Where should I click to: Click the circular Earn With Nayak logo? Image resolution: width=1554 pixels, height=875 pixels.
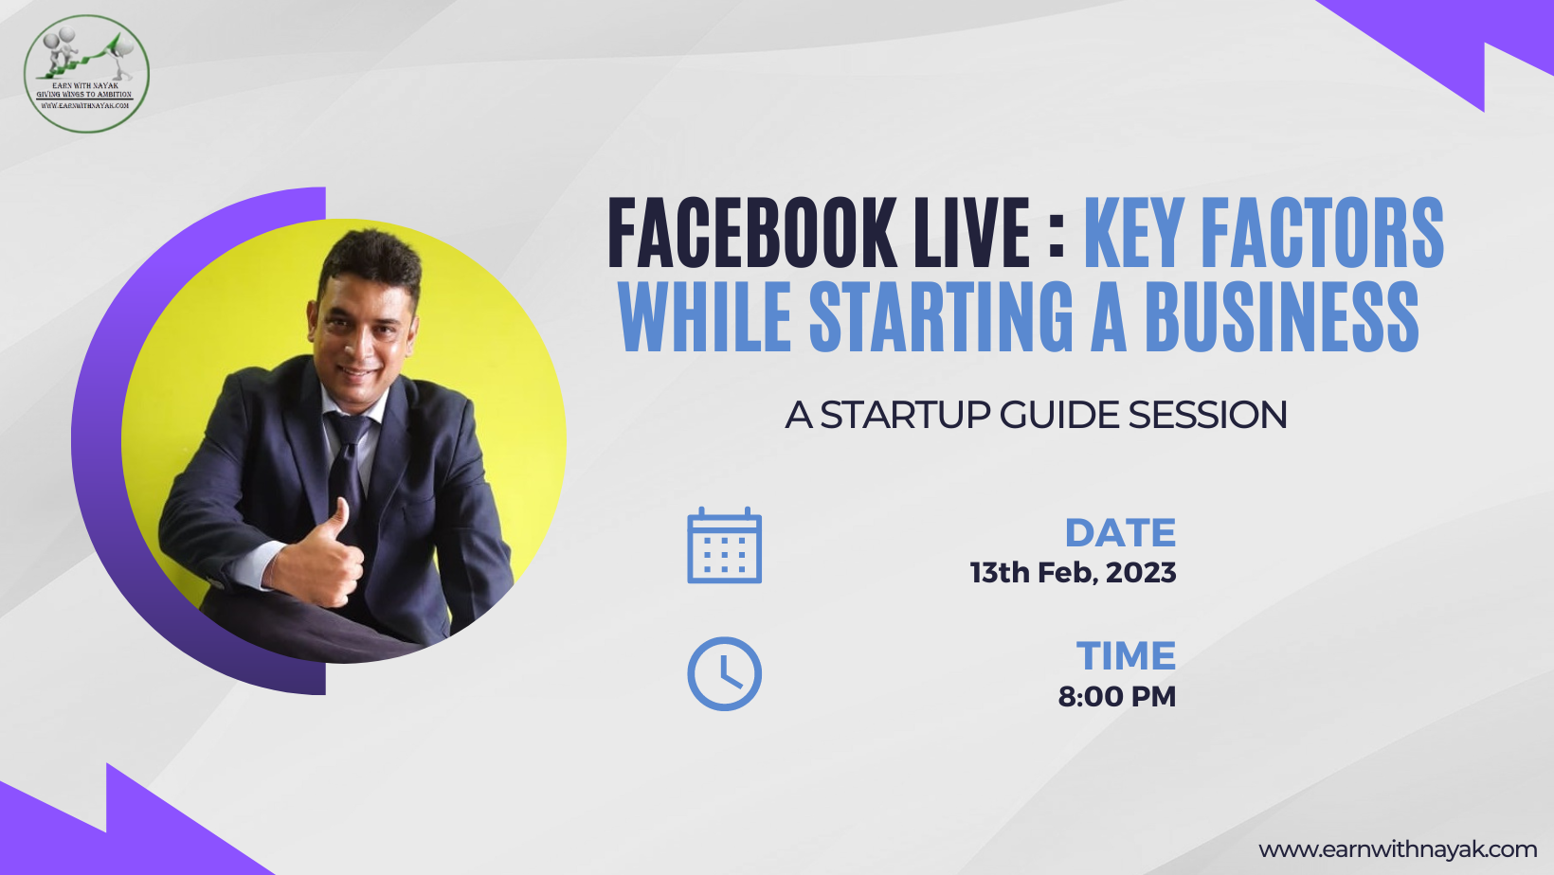pyautogui.click(x=86, y=73)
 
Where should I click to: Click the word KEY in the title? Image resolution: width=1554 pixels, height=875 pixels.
pyautogui.click(x=1133, y=233)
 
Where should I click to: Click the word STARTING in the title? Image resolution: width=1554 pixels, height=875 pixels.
pyautogui.click(x=941, y=316)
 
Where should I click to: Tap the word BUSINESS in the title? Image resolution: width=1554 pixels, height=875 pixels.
pyautogui.click(x=1281, y=316)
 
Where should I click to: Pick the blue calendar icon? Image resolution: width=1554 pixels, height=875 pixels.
pyautogui.click(x=724, y=545)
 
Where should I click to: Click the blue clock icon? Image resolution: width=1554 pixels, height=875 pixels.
pyautogui.click(x=724, y=673)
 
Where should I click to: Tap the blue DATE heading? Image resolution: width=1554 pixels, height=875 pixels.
pyautogui.click(x=1120, y=533)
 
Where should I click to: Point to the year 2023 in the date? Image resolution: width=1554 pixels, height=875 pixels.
pyautogui.click(x=1141, y=573)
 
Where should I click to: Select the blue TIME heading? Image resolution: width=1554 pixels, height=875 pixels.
pyautogui.click(x=1126, y=656)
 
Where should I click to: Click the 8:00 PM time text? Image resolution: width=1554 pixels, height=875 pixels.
pyautogui.click(x=1116, y=697)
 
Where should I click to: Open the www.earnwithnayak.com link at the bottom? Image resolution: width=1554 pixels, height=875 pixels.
pyautogui.click(x=1397, y=849)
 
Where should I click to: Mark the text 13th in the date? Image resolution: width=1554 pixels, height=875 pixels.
pyautogui.click(x=999, y=573)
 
